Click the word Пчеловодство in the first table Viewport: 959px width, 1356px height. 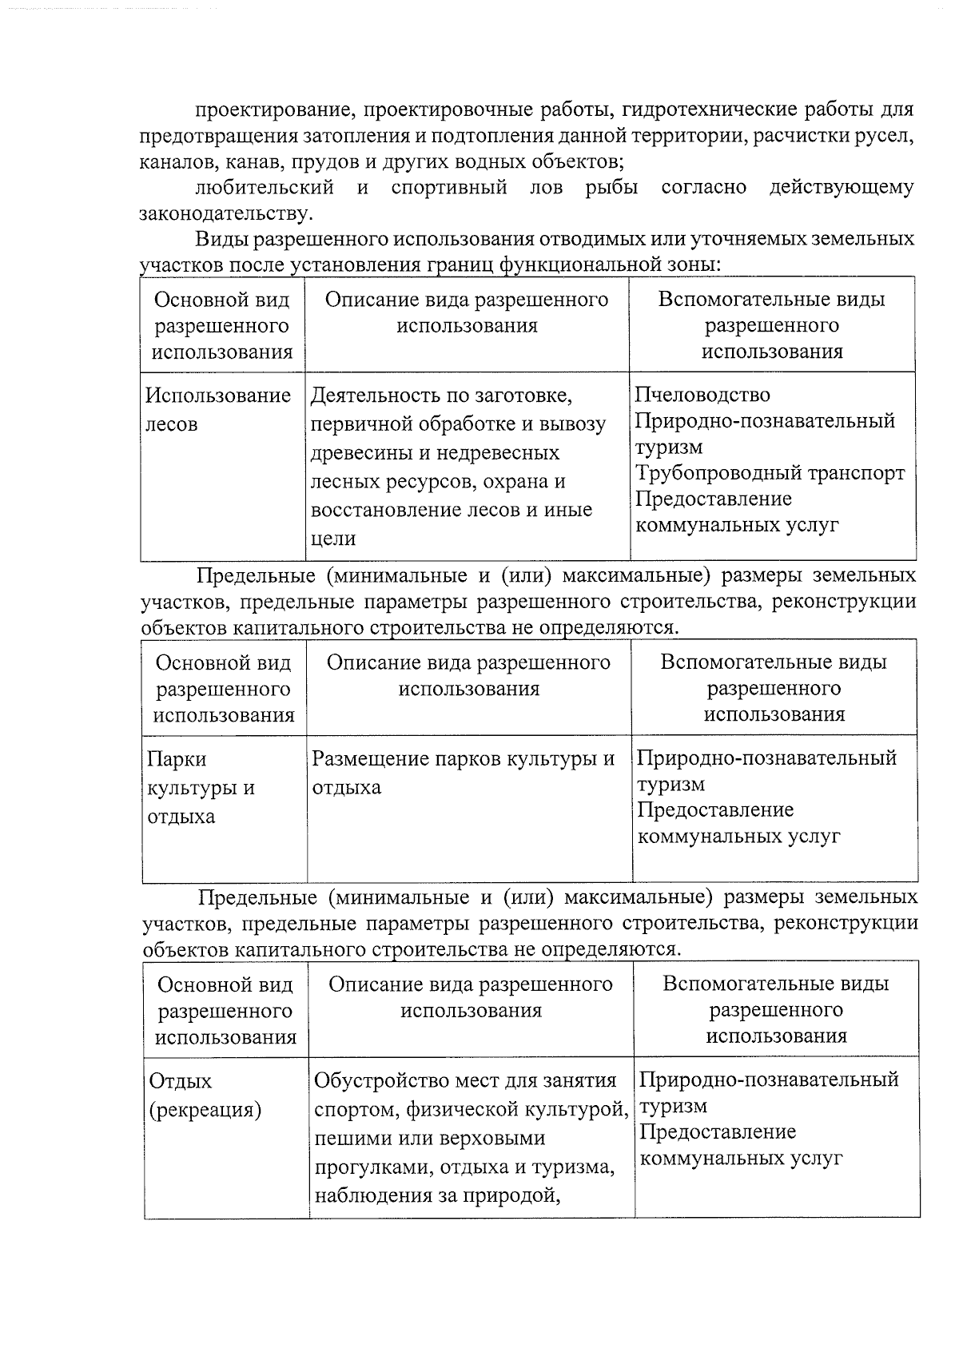(702, 395)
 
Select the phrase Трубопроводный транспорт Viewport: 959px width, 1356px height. (770, 473)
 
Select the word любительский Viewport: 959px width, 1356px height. (265, 188)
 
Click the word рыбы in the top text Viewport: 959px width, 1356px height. (611, 188)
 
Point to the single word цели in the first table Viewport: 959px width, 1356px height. (332, 539)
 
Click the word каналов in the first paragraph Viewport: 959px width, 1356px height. (175, 162)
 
